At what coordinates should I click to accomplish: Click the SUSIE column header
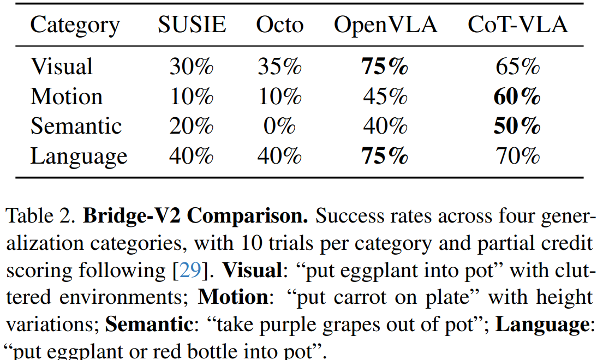192,25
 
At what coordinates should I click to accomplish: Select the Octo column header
279,25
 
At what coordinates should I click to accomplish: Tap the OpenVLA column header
385,25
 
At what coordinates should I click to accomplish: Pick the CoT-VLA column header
517,25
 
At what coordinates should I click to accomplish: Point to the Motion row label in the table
67,97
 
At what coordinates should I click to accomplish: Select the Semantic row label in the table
76,127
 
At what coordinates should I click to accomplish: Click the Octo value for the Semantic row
279,127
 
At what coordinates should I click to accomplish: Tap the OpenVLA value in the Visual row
385,67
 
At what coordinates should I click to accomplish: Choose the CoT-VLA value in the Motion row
517,97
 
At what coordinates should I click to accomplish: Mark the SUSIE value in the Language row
192,157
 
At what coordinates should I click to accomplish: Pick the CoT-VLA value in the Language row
517,157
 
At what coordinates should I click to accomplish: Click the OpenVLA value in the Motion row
385,97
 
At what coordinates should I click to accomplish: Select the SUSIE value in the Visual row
192,67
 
